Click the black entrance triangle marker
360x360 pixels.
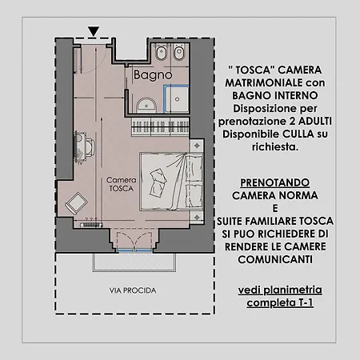(94, 32)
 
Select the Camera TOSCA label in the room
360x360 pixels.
(122, 186)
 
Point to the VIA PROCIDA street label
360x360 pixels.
(133, 290)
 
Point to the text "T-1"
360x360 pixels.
(301, 304)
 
